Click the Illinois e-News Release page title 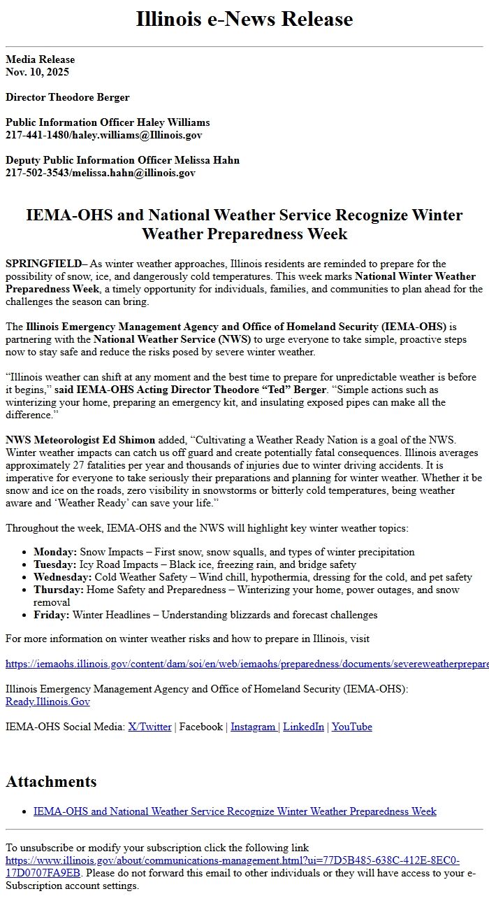click(245, 19)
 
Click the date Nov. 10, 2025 click(38, 71)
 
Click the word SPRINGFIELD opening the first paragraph click(43, 264)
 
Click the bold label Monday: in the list click(55, 552)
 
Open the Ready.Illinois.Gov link click(48, 702)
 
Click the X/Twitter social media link click(149, 727)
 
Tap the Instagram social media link click(254, 727)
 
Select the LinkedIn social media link click(303, 727)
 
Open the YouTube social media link click(352, 727)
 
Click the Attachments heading click(51, 781)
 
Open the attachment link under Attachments click(235, 811)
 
